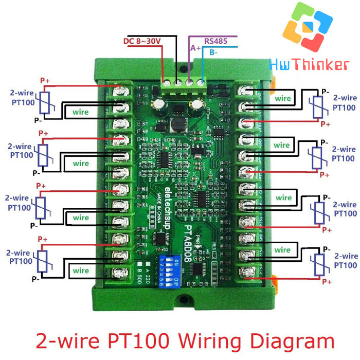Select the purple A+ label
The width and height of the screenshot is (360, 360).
click(x=196, y=48)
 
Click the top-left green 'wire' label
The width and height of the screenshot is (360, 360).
click(x=81, y=110)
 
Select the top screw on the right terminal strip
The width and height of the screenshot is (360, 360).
click(x=247, y=92)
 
